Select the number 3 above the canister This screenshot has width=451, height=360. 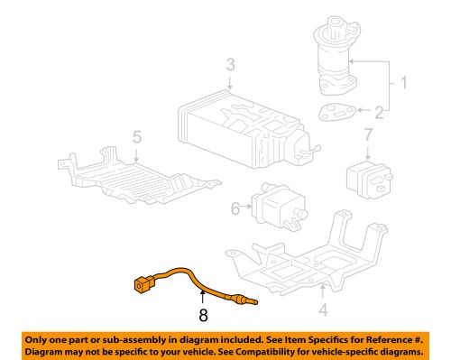click(x=231, y=64)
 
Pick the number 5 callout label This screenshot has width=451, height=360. click(x=137, y=138)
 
